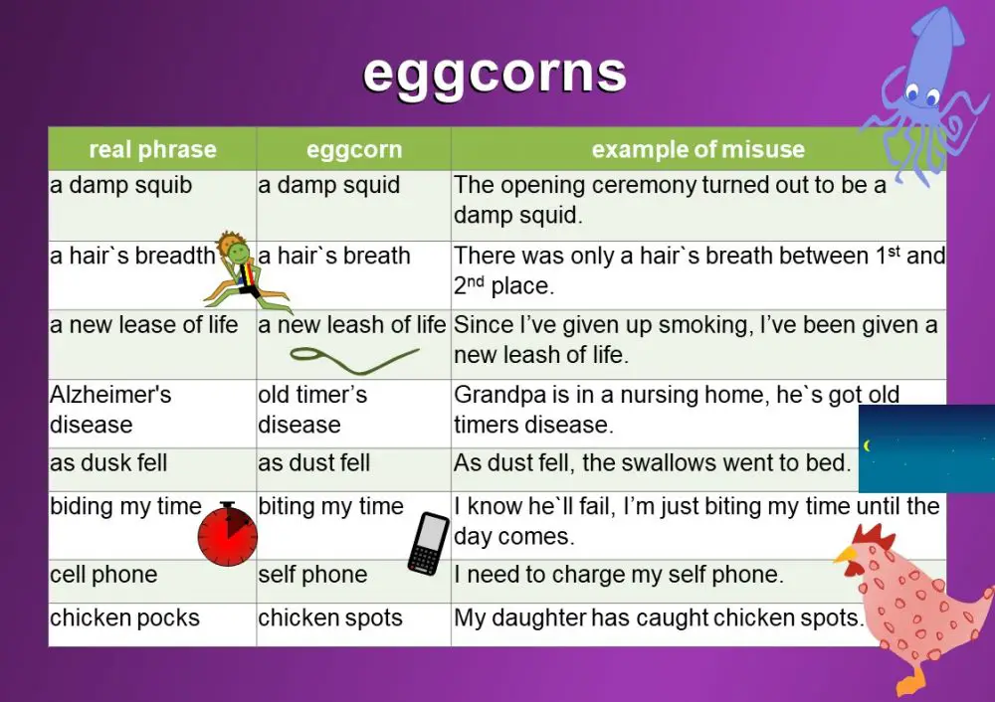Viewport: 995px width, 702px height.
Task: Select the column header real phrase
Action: point(152,150)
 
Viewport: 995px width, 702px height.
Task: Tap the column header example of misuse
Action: point(697,150)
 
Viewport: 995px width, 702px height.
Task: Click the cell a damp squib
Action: point(121,185)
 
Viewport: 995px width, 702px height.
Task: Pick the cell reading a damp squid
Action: point(328,185)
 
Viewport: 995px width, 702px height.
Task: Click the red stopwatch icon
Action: point(227,535)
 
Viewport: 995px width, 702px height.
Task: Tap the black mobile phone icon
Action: point(430,543)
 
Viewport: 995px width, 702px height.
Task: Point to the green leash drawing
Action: point(353,355)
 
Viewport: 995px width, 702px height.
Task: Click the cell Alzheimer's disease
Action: point(110,409)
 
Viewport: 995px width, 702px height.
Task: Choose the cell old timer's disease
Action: point(312,409)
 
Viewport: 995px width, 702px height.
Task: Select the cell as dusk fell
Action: point(108,462)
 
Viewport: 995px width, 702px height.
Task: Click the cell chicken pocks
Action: point(124,617)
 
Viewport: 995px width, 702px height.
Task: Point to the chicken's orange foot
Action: point(912,683)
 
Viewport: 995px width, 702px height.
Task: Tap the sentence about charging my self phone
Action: point(619,575)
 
